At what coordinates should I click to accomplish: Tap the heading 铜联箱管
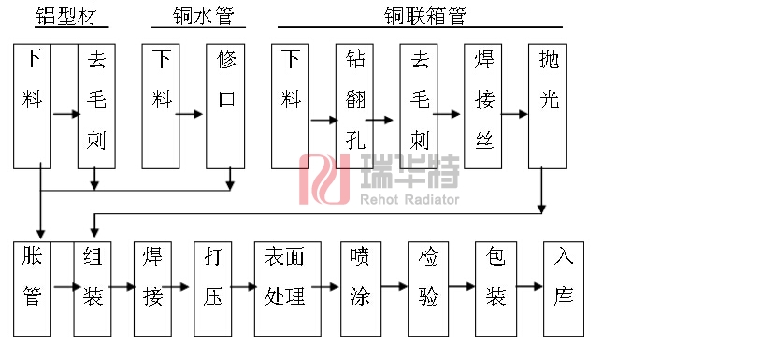424,16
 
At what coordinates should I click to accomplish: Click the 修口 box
226,105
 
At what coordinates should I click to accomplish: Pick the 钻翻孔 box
353,105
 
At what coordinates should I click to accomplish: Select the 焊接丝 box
483,105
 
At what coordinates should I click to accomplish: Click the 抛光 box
549,105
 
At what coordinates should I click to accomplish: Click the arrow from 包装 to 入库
530,286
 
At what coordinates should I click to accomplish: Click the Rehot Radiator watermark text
409,199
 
